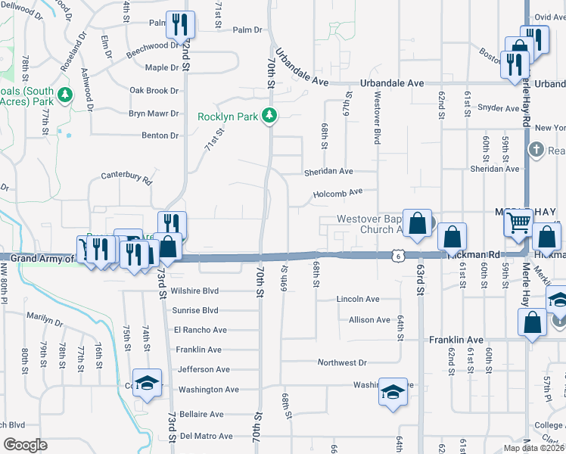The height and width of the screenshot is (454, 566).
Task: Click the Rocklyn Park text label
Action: (x=227, y=117)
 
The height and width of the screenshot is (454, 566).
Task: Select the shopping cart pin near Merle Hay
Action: (x=519, y=223)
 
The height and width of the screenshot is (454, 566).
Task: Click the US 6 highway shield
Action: (x=398, y=257)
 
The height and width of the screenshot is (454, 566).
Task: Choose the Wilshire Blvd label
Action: (x=194, y=291)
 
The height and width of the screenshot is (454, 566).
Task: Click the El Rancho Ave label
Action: (x=201, y=330)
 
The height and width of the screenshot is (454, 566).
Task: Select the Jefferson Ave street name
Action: (x=204, y=369)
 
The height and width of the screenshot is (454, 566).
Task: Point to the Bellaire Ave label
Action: (x=201, y=415)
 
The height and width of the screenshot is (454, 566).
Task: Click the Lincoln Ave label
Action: (x=358, y=300)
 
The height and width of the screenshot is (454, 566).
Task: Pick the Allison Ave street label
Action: (x=369, y=320)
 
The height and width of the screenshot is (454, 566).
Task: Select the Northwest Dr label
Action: (x=342, y=363)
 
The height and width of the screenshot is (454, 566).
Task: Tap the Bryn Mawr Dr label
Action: (x=154, y=113)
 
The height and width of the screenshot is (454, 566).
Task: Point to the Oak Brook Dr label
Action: (x=154, y=91)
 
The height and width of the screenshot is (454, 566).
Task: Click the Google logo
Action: (x=25, y=445)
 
